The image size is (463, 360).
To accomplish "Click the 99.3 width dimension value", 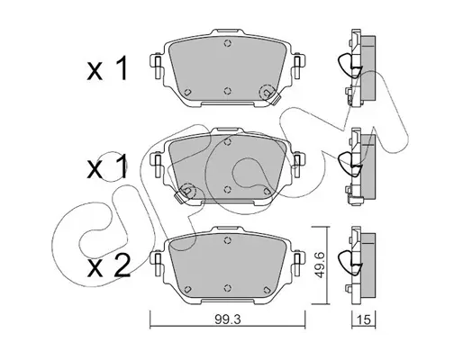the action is [x=228, y=320].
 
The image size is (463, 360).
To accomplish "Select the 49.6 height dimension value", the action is [x=318, y=265].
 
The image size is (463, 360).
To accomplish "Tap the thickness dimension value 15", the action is [x=363, y=320].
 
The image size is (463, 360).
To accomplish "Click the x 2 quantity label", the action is [x=109, y=265].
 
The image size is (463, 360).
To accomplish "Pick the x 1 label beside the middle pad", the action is [x=107, y=166].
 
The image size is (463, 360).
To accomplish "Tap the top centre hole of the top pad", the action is [x=228, y=43].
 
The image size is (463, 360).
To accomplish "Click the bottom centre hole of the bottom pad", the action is [x=228, y=287].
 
